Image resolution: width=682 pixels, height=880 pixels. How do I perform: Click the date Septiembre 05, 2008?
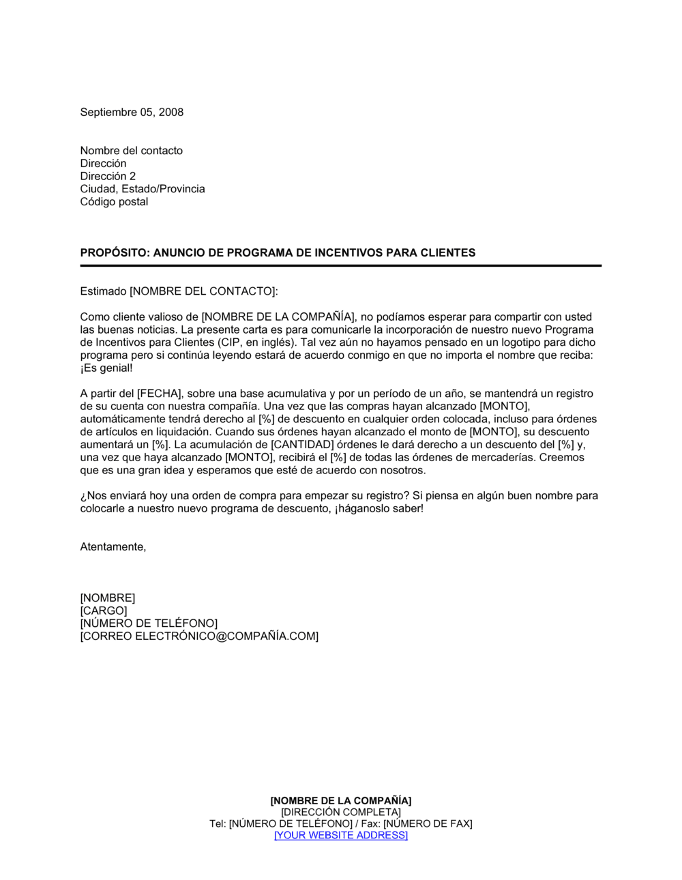click(x=132, y=113)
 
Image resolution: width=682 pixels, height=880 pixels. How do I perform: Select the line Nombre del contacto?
click(x=131, y=151)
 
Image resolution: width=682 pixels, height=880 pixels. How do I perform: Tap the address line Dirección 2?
click(x=108, y=176)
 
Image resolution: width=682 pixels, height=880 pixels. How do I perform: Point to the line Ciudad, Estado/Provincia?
click(x=142, y=189)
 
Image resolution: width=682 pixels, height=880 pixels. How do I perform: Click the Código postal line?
click(x=114, y=202)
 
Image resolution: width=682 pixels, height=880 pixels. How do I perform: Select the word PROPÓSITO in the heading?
click(x=113, y=252)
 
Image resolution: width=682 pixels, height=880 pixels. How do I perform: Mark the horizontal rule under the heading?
click(x=340, y=265)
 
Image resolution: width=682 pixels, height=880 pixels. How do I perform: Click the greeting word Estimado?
click(x=103, y=291)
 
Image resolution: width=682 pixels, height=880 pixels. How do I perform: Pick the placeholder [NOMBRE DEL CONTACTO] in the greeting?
click(x=203, y=291)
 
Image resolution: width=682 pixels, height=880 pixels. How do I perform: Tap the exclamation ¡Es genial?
click(x=106, y=368)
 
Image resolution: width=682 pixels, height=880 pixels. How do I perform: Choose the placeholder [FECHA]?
click(x=159, y=394)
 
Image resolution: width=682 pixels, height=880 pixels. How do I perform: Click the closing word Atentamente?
click(x=113, y=547)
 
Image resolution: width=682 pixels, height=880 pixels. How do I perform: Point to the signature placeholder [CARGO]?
click(x=104, y=611)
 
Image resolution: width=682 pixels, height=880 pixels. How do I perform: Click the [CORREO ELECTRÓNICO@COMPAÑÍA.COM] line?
click(x=199, y=636)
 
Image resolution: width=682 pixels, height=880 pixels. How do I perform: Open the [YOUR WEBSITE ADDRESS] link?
click(x=341, y=836)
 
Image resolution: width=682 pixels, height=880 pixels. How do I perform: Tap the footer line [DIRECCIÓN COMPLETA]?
click(x=341, y=812)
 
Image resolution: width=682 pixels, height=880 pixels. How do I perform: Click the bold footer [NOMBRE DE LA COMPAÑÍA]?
click(x=341, y=801)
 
